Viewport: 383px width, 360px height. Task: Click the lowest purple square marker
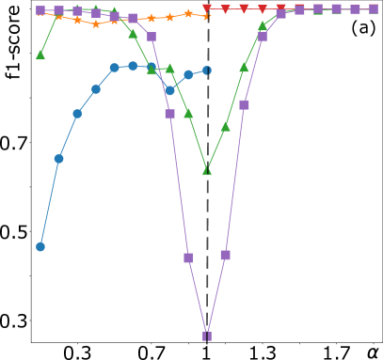[x=207, y=336]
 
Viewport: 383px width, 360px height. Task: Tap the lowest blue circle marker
[x=40, y=246]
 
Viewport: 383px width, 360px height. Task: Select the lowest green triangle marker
[x=207, y=170]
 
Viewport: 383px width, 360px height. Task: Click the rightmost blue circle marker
[x=207, y=70]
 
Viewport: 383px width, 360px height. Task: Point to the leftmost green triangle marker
[x=40, y=55]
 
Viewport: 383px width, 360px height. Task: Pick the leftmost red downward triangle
[x=207, y=9]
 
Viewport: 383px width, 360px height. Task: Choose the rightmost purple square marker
[x=374, y=8]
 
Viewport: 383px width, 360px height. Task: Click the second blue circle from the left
[x=58, y=158]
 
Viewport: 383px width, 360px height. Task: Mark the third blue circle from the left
[x=77, y=114]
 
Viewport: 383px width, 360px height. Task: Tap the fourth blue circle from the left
[x=96, y=89]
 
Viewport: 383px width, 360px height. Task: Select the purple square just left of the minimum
[x=188, y=258]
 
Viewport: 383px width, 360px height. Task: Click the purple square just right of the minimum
[x=225, y=255]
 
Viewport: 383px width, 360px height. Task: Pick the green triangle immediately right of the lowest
[x=225, y=126]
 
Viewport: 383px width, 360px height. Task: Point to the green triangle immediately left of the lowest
[x=188, y=113]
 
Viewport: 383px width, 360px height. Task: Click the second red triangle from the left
[x=225, y=9]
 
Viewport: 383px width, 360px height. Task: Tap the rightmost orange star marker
[x=207, y=15]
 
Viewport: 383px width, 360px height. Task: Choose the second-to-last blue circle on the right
[x=188, y=74]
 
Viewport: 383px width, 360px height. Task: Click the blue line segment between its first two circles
[x=49, y=202]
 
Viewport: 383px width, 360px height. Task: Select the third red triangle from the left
[x=244, y=8]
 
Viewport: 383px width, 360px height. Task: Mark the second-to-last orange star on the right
[x=188, y=13]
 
